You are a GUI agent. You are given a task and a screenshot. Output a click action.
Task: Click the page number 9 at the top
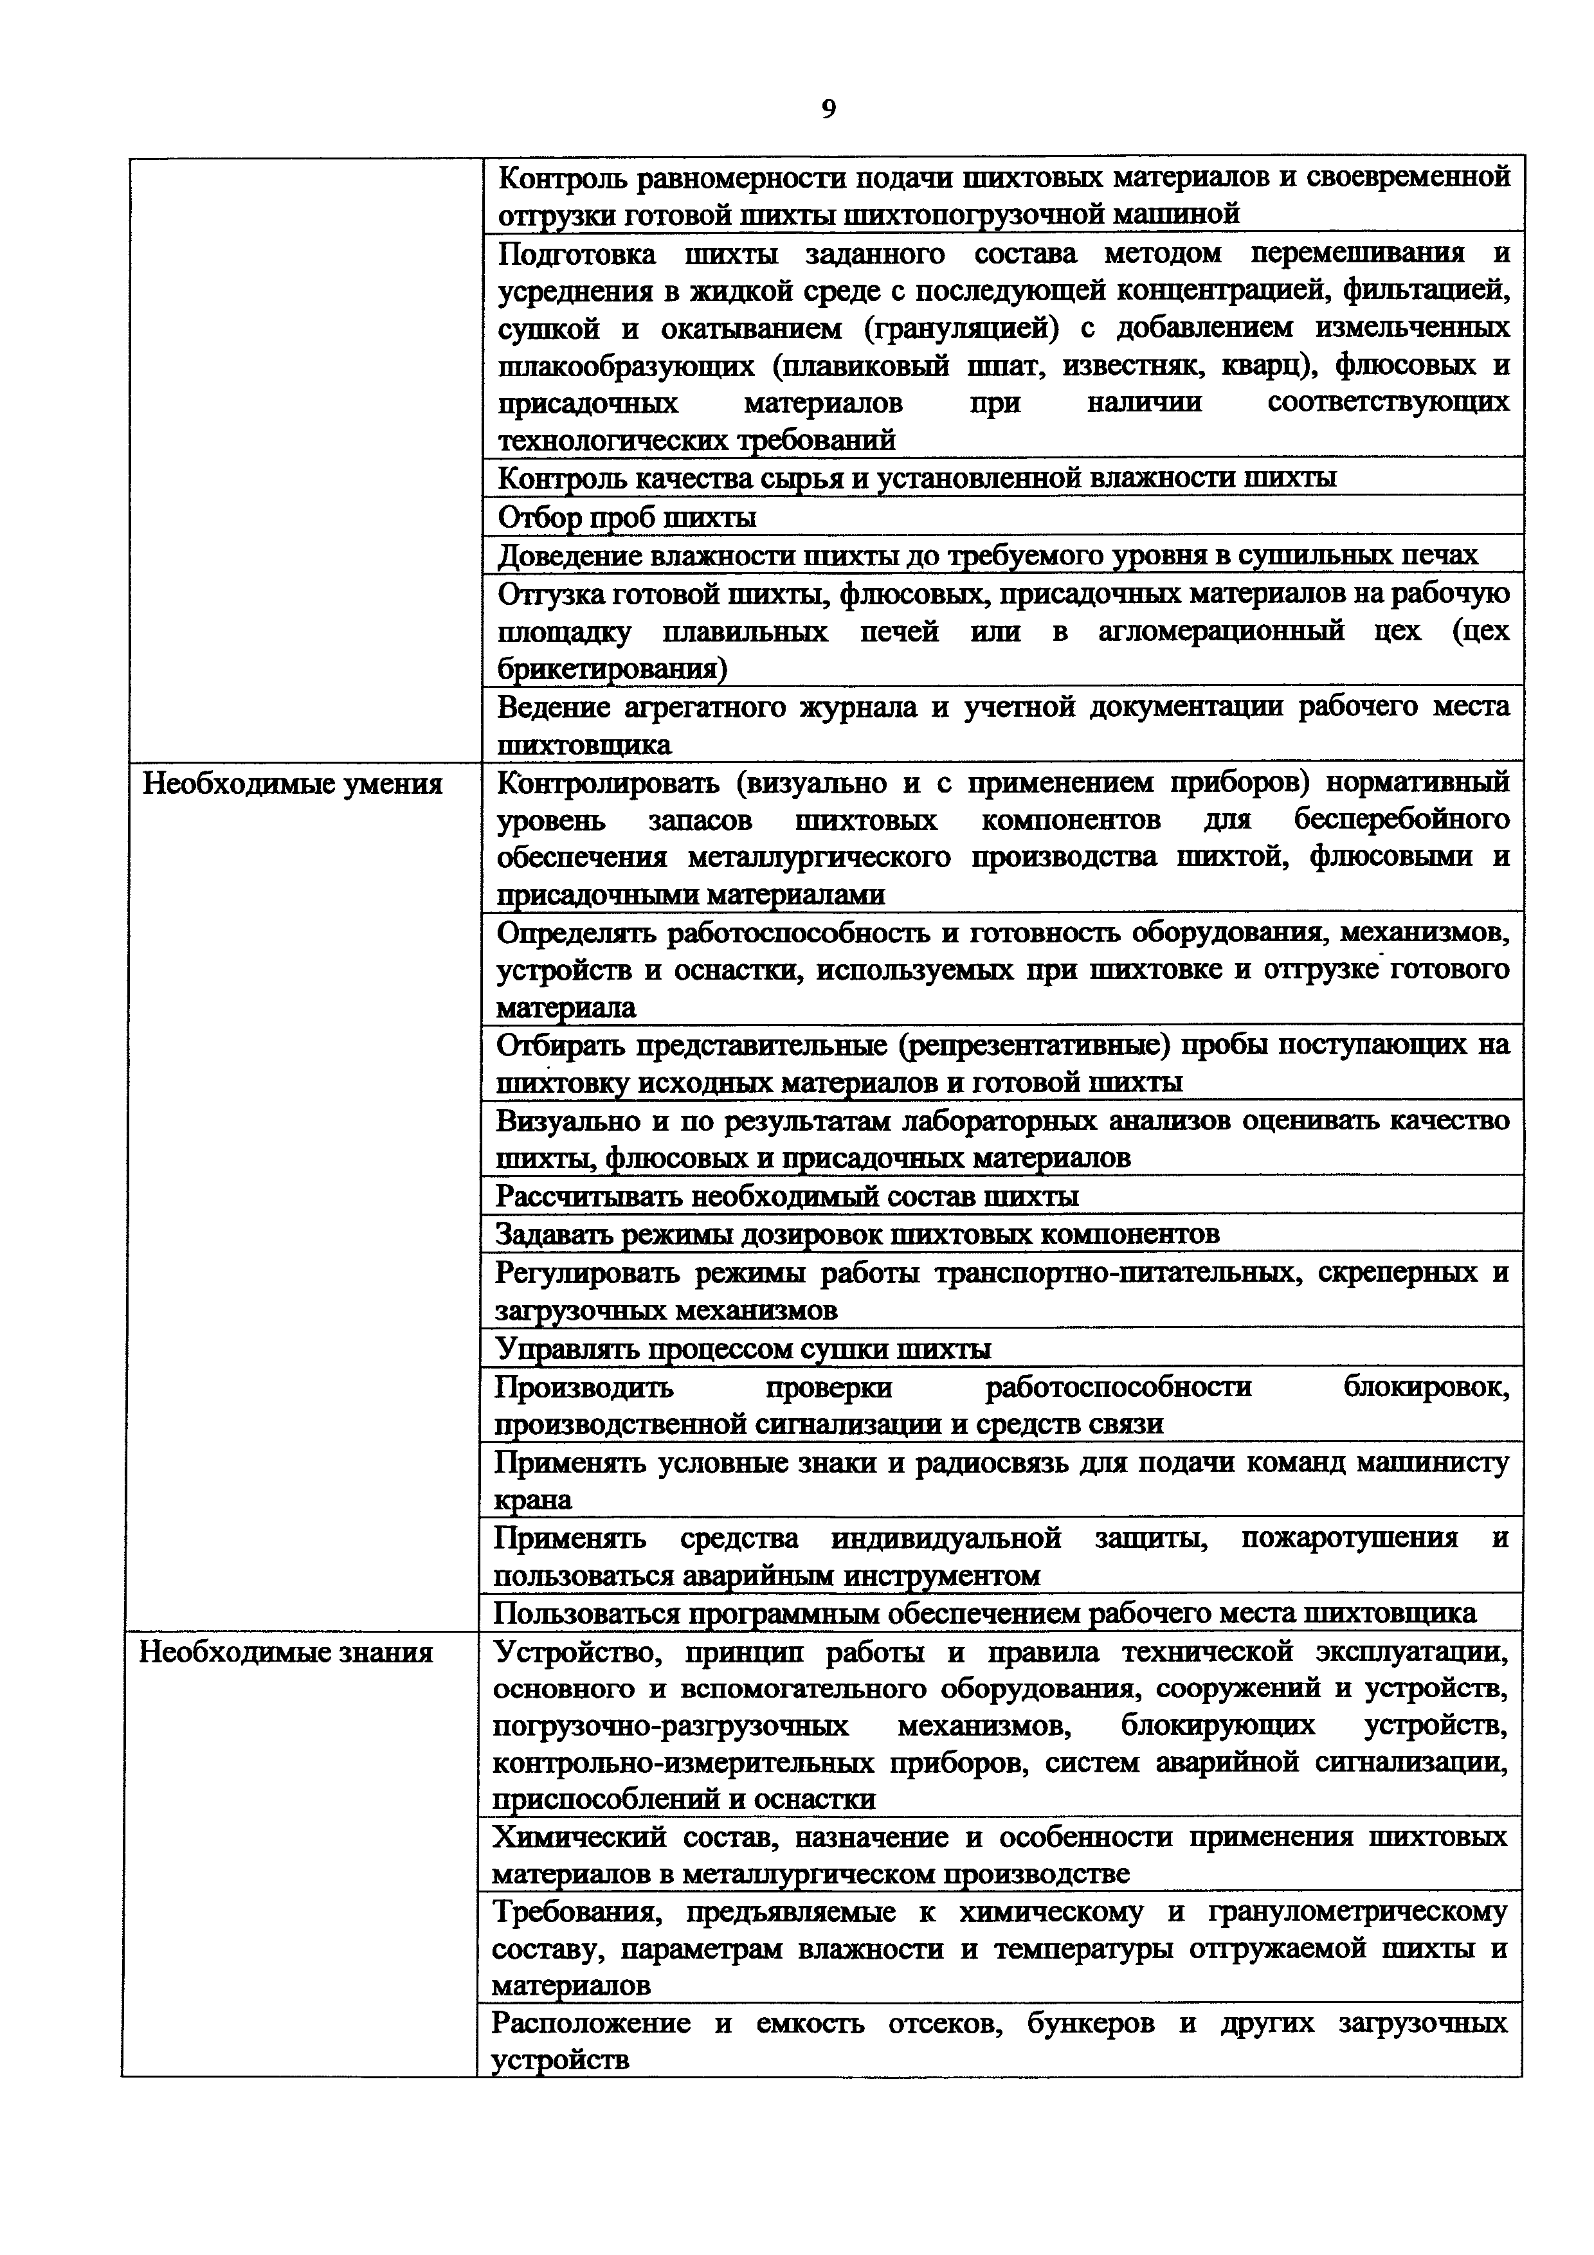(828, 109)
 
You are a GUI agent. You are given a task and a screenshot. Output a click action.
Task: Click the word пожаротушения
(1350, 1538)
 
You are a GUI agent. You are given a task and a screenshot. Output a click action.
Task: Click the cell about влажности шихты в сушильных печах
(987, 555)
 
